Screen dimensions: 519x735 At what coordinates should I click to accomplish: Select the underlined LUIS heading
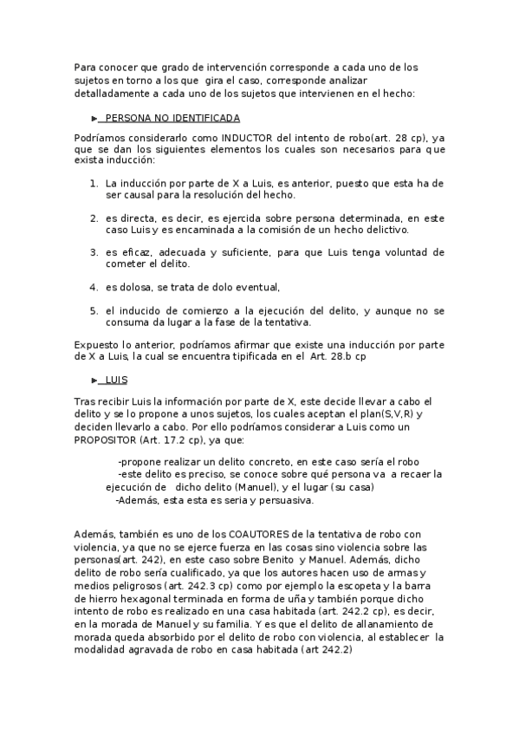tap(116, 380)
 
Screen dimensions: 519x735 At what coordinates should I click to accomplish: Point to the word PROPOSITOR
tap(107, 440)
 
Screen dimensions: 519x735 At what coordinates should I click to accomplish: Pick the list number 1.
tap(94, 185)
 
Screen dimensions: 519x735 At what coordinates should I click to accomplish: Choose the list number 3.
tap(94, 252)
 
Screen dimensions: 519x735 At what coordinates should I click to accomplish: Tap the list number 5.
tap(94, 309)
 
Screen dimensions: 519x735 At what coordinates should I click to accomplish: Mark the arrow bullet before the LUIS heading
tap(94, 380)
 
